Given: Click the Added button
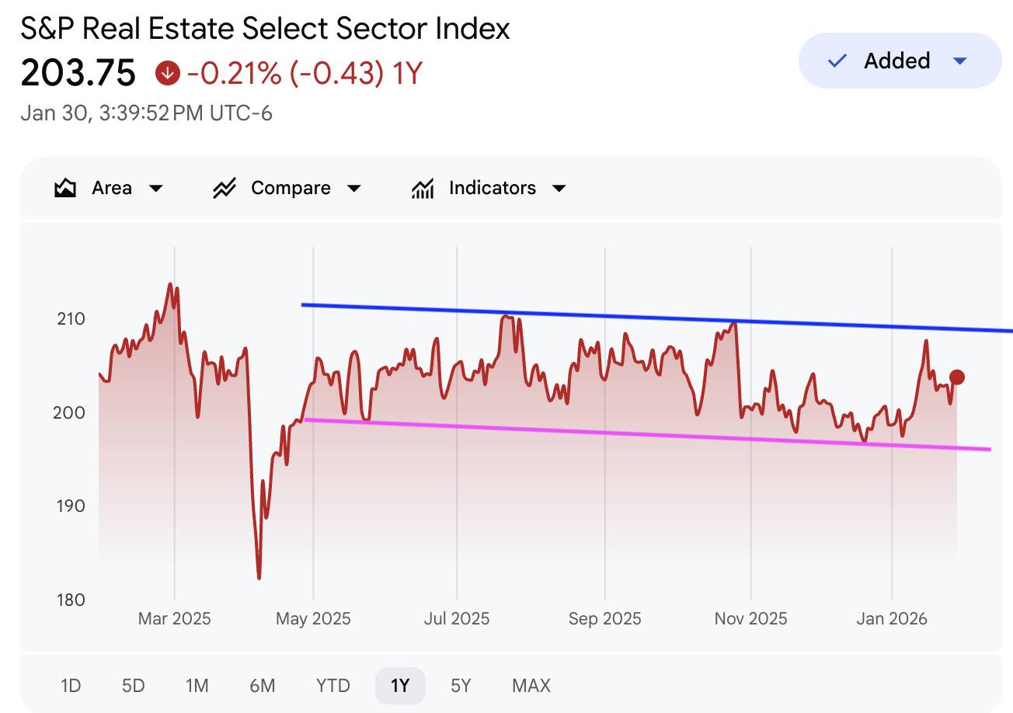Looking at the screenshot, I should coord(899,61).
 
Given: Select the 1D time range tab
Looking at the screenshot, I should coord(71,686).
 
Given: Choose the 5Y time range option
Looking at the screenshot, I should coord(461,686).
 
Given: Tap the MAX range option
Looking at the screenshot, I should coord(531,686).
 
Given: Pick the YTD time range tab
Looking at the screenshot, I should coord(332,686).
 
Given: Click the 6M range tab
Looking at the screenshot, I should coord(263,686).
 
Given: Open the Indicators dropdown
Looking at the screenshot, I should coord(489,188).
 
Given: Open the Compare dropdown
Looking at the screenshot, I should coord(287,188).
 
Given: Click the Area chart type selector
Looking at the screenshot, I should coord(109,188).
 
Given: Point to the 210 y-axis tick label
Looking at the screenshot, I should coord(70,319).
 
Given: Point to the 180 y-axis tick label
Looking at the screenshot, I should coord(70,600).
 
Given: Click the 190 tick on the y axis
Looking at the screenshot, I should coord(70,506).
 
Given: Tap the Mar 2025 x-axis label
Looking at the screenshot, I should coord(174,619).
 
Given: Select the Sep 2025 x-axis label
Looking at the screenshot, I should coord(604,619).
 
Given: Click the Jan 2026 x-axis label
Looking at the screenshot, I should coord(891,619).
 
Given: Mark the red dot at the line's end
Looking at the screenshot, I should coord(957,377).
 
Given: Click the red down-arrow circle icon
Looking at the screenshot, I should coord(168,73).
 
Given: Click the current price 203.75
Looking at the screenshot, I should coord(78,73).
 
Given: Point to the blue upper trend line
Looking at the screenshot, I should coord(621,317).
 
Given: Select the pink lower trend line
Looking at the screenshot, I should coord(621,433).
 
